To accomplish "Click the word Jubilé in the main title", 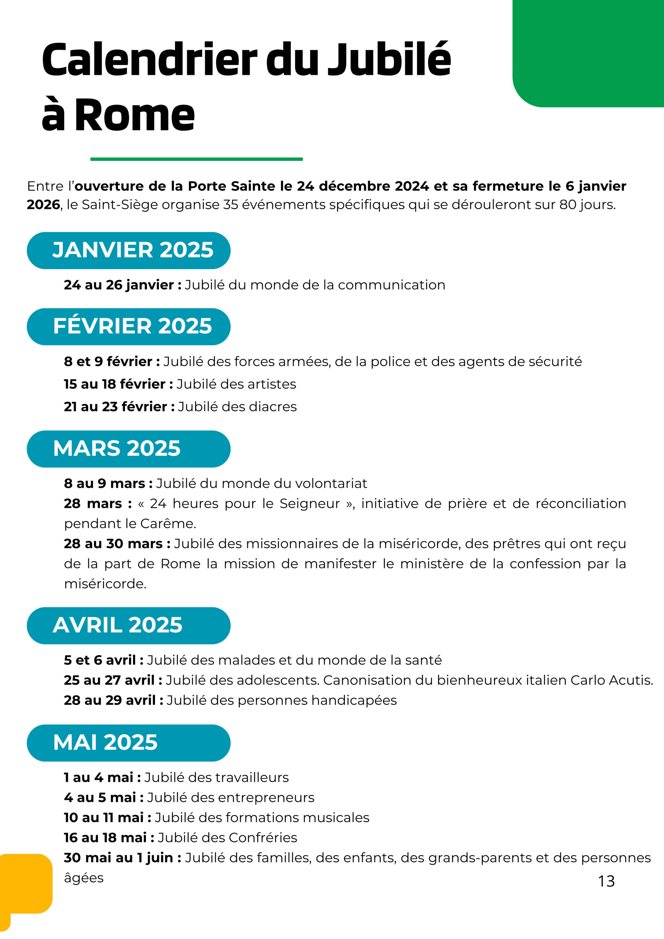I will [389, 60].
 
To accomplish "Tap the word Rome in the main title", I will [135, 116].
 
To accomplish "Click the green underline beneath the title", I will [196, 159].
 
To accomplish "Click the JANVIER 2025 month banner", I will [128, 250].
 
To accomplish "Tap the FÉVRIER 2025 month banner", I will [128, 326].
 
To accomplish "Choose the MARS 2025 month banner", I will [128, 449].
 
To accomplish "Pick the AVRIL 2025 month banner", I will [128, 625].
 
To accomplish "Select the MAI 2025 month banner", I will [128, 743].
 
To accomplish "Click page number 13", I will [606, 881].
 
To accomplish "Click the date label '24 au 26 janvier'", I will [119, 285].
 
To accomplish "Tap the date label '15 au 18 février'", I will [115, 384].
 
